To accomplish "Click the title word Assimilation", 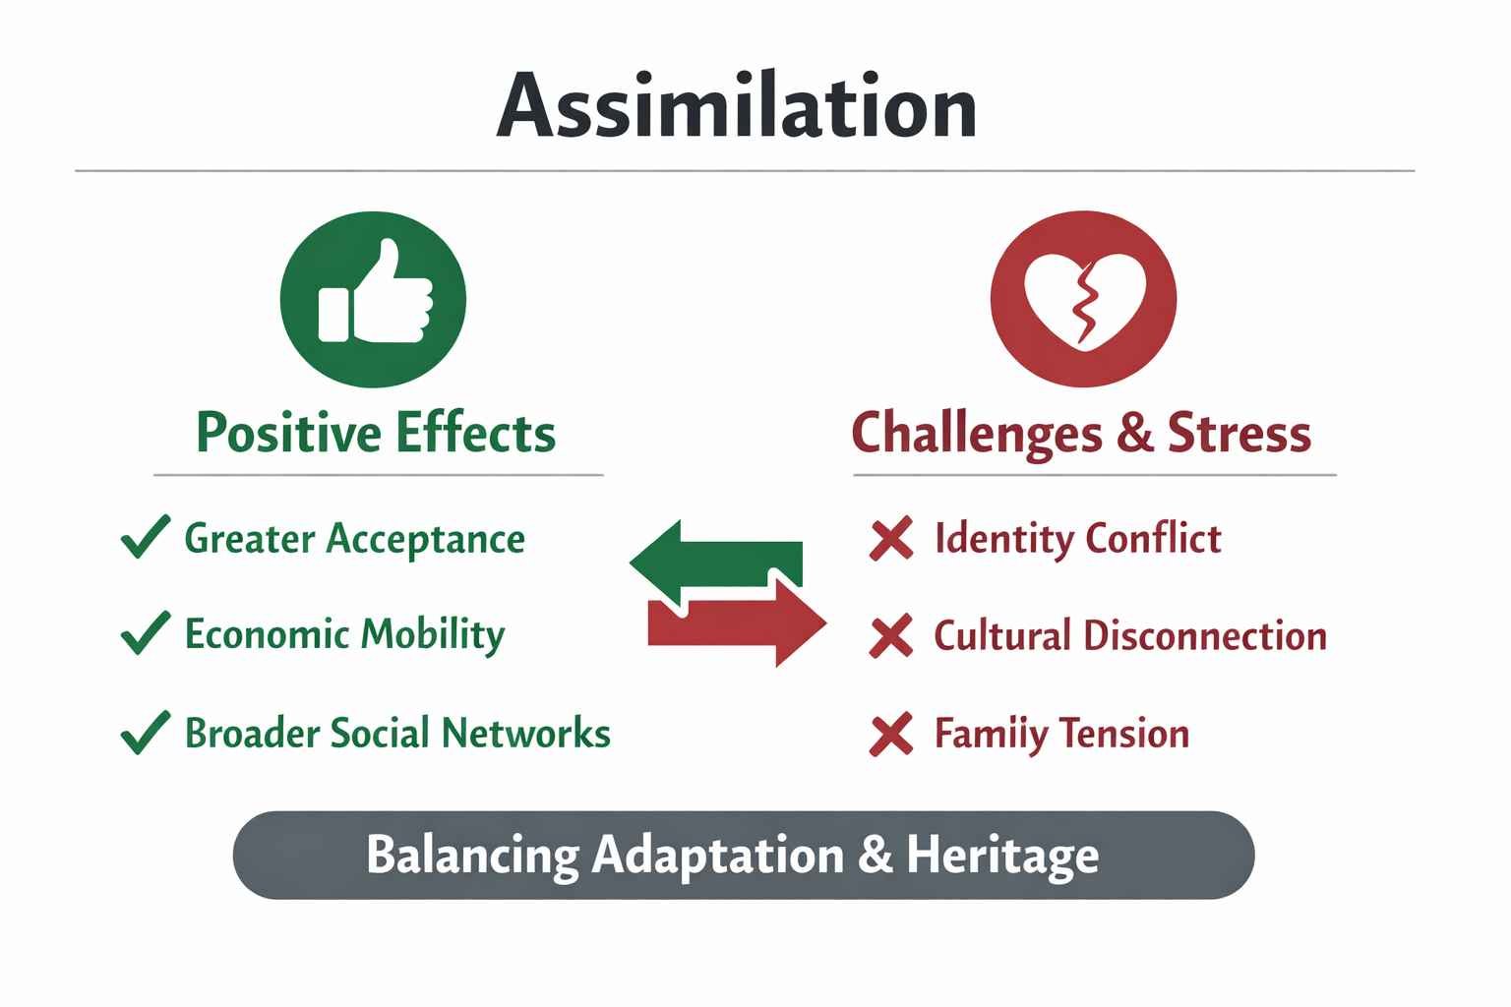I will point(736,105).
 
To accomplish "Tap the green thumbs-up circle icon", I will point(373,299).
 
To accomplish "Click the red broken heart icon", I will point(1083,299).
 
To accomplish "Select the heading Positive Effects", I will point(376,433).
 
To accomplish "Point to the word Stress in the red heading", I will point(1239,433).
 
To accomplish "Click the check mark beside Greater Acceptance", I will point(145,538).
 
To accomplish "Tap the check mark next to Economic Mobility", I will point(145,633).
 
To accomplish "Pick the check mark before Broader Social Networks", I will point(145,733).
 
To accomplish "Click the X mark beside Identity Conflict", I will point(891,539).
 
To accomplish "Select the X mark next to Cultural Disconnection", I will point(891,636).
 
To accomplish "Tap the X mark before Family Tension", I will point(891,735).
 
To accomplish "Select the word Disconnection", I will point(1204,636).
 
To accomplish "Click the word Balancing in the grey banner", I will point(472,855).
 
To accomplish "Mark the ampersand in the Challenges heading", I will point(1134,433).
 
